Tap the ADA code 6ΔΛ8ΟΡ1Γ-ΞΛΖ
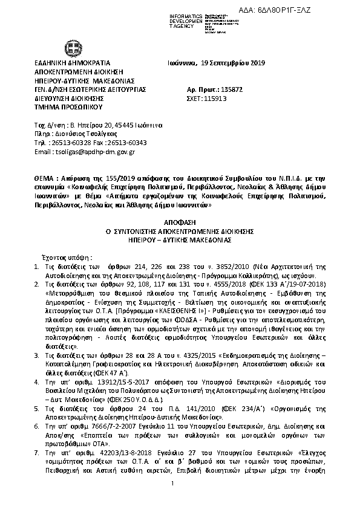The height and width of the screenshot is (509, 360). click(x=319, y=7)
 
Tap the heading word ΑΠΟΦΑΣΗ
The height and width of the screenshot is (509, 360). click(x=180, y=223)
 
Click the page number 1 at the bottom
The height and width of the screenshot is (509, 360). click(x=172, y=499)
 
